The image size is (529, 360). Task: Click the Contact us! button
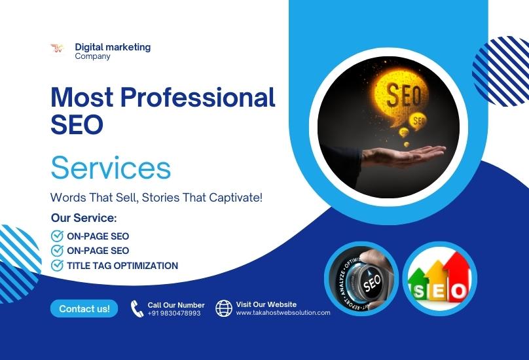pyautogui.click(x=84, y=308)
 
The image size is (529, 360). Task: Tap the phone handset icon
pyautogui.click(x=137, y=308)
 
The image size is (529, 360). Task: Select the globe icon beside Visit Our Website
pyautogui.click(x=224, y=308)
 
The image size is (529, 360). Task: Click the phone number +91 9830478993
pyautogui.click(x=174, y=314)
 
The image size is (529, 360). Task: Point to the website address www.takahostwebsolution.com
pyautogui.click(x=283, y=313)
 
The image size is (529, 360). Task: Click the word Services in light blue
pyautogui.click(x=111, y=168)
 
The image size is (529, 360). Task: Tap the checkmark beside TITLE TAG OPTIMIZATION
pyautogui.click(x=57, y=266)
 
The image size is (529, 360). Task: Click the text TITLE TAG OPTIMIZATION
pyautogui.click(x=122, y=266)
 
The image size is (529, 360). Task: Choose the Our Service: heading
pyautogui.click(x=83, y=218)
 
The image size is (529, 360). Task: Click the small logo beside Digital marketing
pyautogui.click(x=57, y=48)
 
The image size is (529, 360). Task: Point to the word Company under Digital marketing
pyautogui.click(x=92, y=56)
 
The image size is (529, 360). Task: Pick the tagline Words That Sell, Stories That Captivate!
pyautogui.click(x=156, y=197)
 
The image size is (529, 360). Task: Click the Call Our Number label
pyautogui.click(x=176, y=305)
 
